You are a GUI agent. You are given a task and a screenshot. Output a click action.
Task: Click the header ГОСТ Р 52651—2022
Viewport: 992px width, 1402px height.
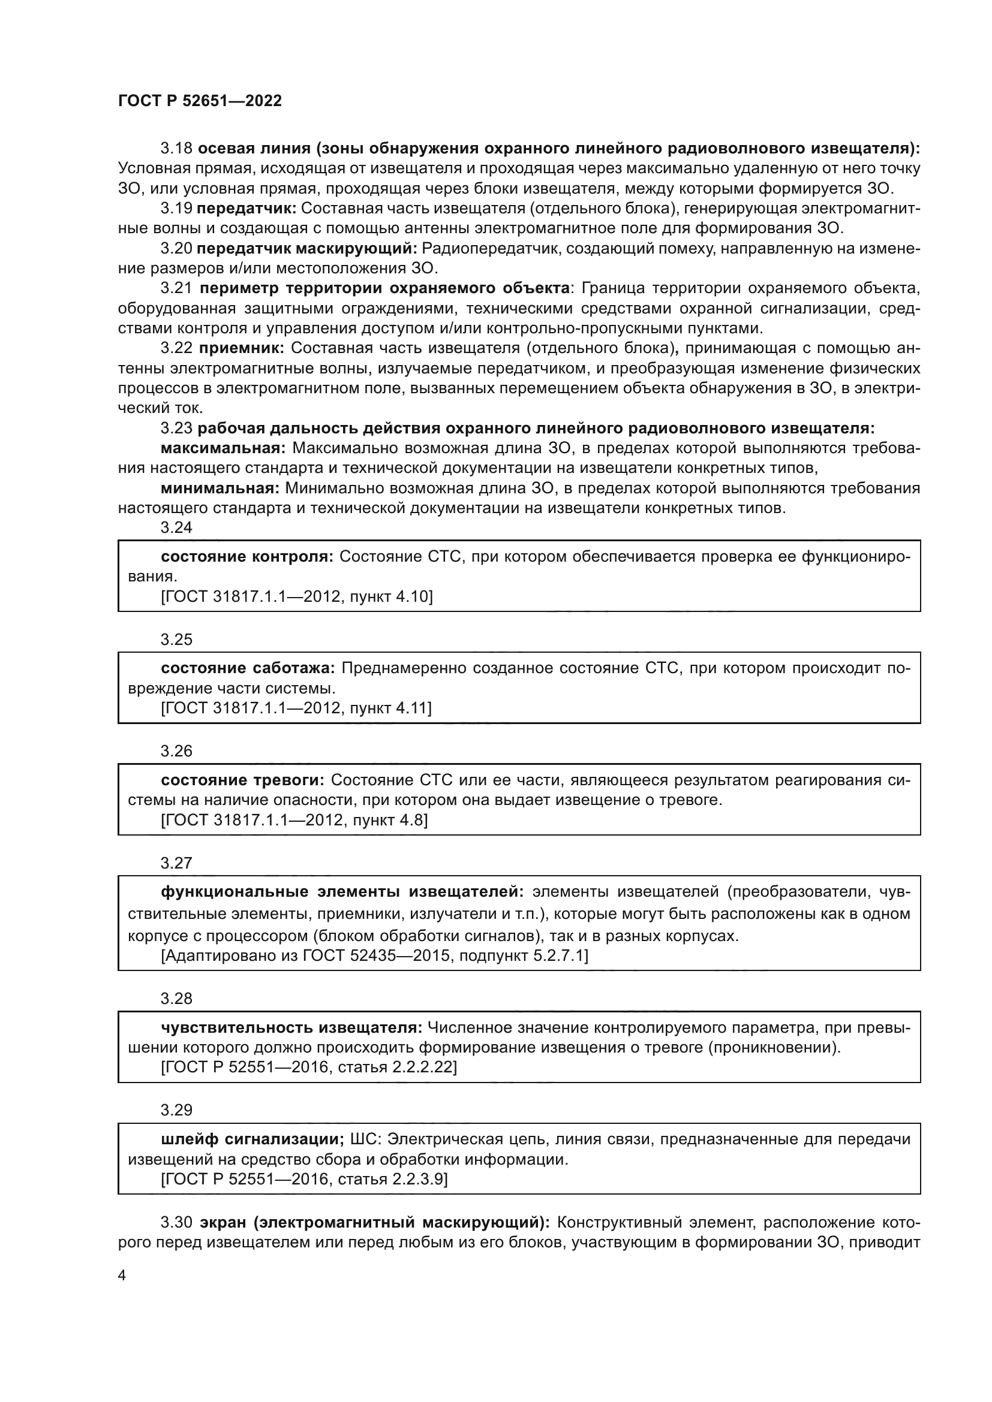coord(200,101)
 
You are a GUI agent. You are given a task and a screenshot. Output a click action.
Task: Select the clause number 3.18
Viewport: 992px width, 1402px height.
coord(176,149)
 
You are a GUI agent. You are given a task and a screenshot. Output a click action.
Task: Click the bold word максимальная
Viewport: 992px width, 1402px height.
coord(223,448)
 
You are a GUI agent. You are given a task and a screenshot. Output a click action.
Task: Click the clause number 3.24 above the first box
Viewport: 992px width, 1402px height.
coord(176,527)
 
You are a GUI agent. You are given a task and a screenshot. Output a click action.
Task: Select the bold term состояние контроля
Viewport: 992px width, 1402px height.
coord(247,556)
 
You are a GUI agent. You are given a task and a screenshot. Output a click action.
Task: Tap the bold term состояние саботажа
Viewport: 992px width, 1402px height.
coord(248,668)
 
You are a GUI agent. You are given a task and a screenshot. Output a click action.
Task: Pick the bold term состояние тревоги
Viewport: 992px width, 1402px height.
coord(242,780)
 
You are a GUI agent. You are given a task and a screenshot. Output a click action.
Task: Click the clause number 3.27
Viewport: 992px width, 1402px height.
coord(176,863)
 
